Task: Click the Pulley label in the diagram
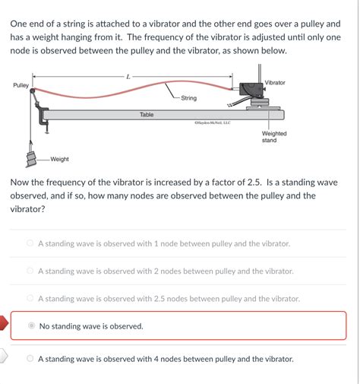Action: (21, 85)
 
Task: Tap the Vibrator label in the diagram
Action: (275, 82)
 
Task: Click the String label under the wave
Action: (188, 98)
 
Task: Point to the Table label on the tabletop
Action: (147, 115)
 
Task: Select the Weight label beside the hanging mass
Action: (59, 159)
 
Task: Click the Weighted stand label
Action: (274, 137)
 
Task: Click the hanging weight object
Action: (32, 158)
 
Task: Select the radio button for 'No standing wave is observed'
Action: (31, 325)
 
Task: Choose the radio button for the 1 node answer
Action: (30, 243)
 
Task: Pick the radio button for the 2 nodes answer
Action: (30, 271)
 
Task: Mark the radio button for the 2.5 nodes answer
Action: (30, 298)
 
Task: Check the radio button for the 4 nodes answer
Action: (30, 358)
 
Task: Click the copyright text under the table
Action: (212, 122)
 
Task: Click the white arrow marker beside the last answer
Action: (4, 356)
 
